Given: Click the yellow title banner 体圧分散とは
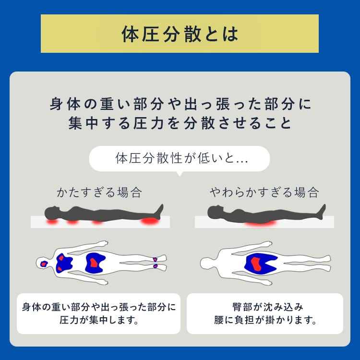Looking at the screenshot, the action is click(180, 34).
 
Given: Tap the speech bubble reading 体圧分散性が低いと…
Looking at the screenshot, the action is click(180, 159).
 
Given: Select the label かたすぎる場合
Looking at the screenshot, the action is click(99, 192).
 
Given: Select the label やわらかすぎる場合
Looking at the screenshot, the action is click(264, 192).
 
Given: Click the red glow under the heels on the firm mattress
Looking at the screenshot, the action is click(150, 222).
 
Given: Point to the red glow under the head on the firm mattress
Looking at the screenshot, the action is click(52, 222).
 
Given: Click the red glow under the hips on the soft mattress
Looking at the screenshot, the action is click(260, 223).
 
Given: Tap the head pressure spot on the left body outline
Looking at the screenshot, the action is click(44, 264).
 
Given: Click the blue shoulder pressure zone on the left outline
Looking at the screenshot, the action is click(64, 263).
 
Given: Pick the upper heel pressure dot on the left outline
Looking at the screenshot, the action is click(155, 259).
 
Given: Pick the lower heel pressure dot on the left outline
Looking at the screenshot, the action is click(156, 266).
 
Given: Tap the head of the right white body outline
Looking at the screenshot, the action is click(208, 264).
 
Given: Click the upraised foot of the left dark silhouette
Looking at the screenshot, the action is click(159, 210).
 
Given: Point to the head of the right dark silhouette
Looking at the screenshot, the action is click(215, 212).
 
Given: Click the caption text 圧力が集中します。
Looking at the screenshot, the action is click(99, 320).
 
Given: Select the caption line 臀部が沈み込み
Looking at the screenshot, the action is click(268, 307).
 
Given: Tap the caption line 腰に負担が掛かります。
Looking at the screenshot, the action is click(265, 320).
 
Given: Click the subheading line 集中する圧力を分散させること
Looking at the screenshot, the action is click(180, 123).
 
